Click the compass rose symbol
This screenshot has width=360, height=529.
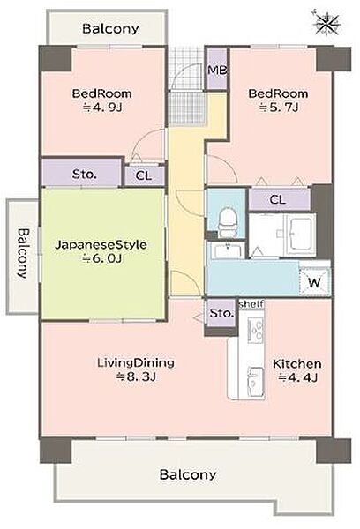(326, 23)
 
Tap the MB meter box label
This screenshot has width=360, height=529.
(217, 71)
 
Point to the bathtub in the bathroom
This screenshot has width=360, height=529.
(301, 235)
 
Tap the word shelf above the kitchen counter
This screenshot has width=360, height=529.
(251, 304)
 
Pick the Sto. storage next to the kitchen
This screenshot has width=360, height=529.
(221, 313)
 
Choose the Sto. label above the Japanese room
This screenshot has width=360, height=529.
(84, 175)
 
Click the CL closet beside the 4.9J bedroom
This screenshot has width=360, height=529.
(144, 175)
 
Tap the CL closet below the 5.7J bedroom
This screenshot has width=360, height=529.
(278, 200)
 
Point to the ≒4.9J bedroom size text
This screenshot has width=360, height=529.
(102, 108)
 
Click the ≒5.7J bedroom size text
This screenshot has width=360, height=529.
(279, 108)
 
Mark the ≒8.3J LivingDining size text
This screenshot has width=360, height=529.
(136, 376)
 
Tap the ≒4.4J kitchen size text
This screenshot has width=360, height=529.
(297, 377)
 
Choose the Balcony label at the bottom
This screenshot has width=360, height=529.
(188, 474)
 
